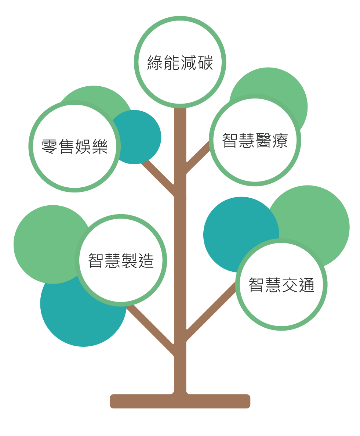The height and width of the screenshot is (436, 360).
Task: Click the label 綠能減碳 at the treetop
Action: point(180,62)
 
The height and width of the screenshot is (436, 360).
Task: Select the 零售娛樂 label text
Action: point(74,147)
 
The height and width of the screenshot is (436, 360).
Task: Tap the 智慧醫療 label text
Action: point(255,141)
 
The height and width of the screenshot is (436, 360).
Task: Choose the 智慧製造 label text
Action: point(121,261)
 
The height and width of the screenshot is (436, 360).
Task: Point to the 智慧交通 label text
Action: point(281,285)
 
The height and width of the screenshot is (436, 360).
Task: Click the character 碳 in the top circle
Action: point(205,62)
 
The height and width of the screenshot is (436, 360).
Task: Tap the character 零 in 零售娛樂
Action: point(50,147)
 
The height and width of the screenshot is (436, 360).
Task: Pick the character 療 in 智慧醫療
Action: point(280,141)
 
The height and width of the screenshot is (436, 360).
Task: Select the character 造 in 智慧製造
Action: point(146,261)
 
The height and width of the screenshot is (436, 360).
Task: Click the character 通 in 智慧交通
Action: point(306,285)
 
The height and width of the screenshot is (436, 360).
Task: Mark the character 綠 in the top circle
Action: point(155,62)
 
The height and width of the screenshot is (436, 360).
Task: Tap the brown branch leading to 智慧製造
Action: point(150,329)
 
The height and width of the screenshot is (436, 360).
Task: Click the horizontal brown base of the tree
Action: point(180,401)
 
